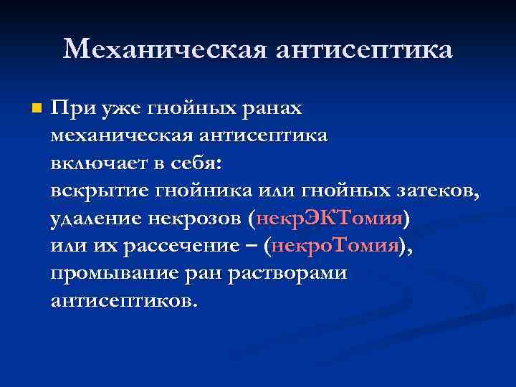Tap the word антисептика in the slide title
tap(363, 49)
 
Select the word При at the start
tap(70, 108)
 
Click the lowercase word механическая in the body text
tap(119, 135)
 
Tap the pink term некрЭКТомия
tap(329, 217)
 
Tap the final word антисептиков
tap(122, 300)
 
